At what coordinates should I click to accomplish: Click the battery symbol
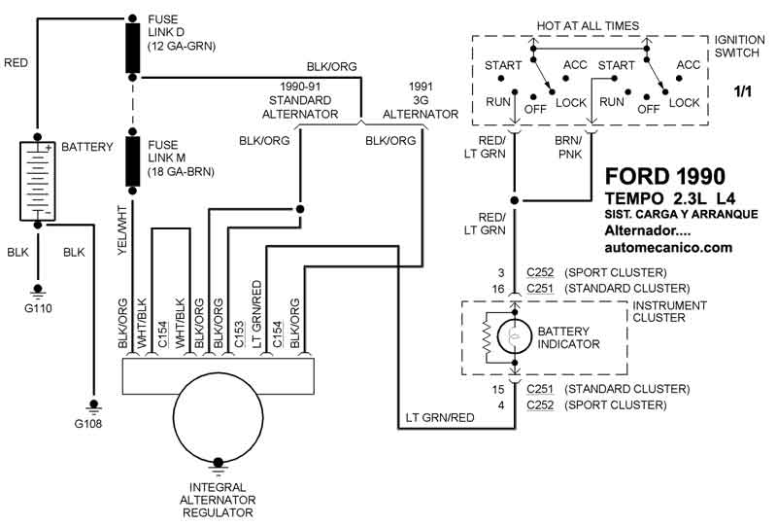[38, 181]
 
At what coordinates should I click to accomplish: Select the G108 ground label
[94, 424]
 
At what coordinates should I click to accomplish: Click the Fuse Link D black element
[131, 49]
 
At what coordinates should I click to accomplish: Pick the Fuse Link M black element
[131, 160]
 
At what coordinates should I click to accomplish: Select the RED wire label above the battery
[17, 63]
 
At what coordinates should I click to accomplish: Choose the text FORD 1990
[664, 177]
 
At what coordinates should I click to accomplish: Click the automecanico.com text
[668, 248]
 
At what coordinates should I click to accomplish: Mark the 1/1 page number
[743, 91]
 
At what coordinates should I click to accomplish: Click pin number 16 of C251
[497, 289]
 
